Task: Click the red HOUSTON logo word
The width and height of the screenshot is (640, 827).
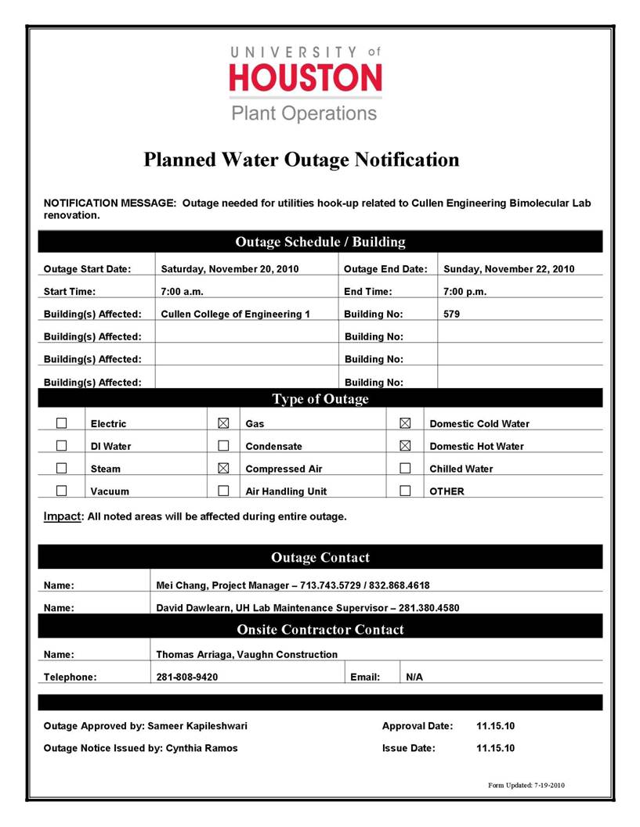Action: (x=306, y=78)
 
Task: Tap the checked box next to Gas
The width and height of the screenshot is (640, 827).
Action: (x=223, y=423)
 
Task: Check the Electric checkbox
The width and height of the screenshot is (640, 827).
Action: (x=61, y=423)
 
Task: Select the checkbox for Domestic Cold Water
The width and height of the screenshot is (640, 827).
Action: (x=405, y=423)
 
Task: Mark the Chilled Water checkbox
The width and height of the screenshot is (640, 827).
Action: (x=405, y=469)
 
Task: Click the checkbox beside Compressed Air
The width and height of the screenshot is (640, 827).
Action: (x=223, y=469)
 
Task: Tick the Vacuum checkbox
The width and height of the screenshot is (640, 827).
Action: (x=61, y=491)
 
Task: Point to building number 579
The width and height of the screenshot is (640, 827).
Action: (x=452, y=315)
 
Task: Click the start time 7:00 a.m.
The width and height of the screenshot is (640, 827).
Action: (x=183, y=292)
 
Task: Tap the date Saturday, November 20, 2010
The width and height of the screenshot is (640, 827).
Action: (x=230, y=269)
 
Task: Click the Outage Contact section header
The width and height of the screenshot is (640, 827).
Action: (x=320, y=558)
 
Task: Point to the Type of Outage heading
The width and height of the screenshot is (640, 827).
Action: (x=320, y=400)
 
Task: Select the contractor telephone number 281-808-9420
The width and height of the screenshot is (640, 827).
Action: (x=187, y=678)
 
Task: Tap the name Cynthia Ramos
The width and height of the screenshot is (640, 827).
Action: (x=201, y=748)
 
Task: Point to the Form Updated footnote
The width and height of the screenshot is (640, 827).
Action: (x=525, y=786)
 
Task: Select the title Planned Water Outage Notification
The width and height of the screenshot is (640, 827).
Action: (x=302, y=160)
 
